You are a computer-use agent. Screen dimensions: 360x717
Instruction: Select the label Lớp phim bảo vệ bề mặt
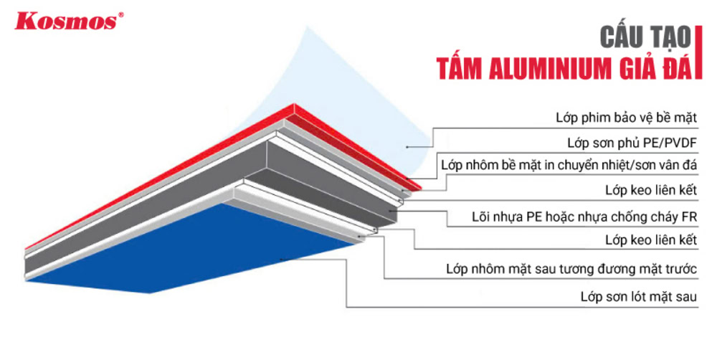[626, 116]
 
